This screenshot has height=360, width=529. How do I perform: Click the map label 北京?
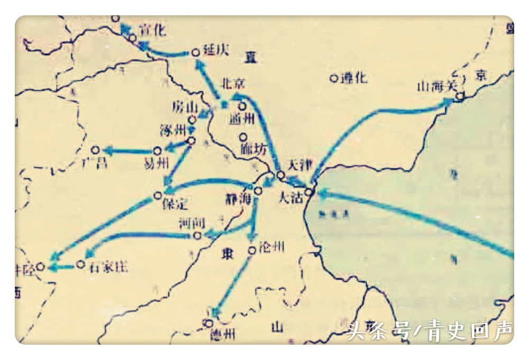[x=233, y=84]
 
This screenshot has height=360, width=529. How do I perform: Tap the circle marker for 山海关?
[x=460, y=96]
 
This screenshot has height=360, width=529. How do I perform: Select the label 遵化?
[x=354, y=78]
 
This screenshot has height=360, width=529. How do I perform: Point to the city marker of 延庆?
[x=195, y=52]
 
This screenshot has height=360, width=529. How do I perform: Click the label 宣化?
[x=152, y=30]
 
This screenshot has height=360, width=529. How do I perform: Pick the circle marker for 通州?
[x=242, y=106]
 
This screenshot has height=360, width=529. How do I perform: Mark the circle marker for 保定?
[x=157, y=195]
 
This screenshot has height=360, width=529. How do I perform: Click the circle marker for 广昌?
[x=95, y=150]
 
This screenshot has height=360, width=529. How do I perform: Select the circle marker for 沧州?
[x=252, y=249]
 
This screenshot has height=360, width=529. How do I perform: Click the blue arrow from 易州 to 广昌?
[x=127, y=151]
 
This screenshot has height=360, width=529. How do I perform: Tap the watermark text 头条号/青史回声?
[x=430, y=331]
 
